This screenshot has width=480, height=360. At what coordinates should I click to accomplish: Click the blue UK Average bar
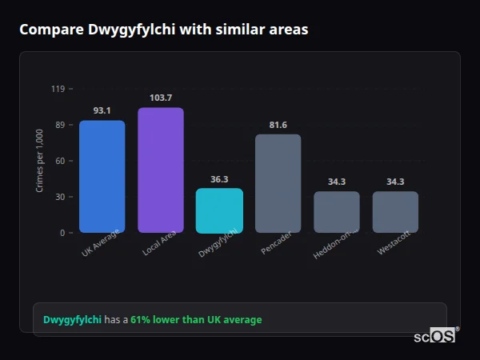pos(102,177)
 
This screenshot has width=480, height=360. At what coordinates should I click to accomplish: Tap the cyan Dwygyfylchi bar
pos(219,210)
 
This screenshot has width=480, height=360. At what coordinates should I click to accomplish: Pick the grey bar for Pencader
pos(278,183)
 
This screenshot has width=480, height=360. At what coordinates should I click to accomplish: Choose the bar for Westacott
pos(395,212)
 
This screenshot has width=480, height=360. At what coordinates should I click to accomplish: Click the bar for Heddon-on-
pos(337,212)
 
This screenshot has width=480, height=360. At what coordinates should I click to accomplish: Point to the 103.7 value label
pos(161,98)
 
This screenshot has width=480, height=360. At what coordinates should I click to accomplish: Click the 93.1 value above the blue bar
pos(102,110)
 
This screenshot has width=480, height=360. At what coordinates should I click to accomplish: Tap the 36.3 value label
pos(219,179)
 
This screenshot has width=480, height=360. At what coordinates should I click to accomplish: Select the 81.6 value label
pos(278,125)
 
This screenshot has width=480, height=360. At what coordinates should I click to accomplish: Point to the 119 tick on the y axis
pos(58,89)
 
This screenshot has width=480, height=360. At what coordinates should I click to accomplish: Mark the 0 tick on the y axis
pos(62,233)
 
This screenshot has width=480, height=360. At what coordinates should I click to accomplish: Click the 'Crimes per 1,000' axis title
pos(40,161)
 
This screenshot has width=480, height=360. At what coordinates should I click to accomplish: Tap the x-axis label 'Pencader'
pos(276,244)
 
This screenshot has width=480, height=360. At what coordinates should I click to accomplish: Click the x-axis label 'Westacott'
pos(394,245)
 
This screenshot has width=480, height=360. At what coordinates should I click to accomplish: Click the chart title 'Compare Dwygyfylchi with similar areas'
pos(163,30)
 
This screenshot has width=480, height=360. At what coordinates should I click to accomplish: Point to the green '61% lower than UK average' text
pos(196,320)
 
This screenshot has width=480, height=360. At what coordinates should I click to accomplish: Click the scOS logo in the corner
pos(435,336)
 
